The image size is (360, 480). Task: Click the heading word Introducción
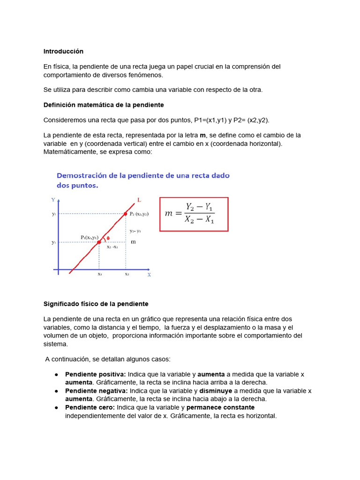[x=63, y=51]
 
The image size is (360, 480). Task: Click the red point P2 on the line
[x=125, y=214]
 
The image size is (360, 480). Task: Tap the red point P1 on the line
[x=99, y=242]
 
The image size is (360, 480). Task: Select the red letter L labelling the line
[x=139, y=200]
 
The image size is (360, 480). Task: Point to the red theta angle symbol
[x=108, y=238]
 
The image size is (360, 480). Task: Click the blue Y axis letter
[x=53, y=200]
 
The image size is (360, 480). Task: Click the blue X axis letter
[x=149, y=275]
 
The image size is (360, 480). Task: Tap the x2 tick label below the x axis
[x=127, y=274]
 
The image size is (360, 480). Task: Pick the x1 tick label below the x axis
[x=99, y=274]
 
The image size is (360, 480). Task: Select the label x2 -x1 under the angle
[x=112, y=247]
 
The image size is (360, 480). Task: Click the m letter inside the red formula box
[x=169, y=214]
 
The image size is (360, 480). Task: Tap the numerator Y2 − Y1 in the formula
[x=200, y=207]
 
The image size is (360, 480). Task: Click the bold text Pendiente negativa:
[x=96, y=390]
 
